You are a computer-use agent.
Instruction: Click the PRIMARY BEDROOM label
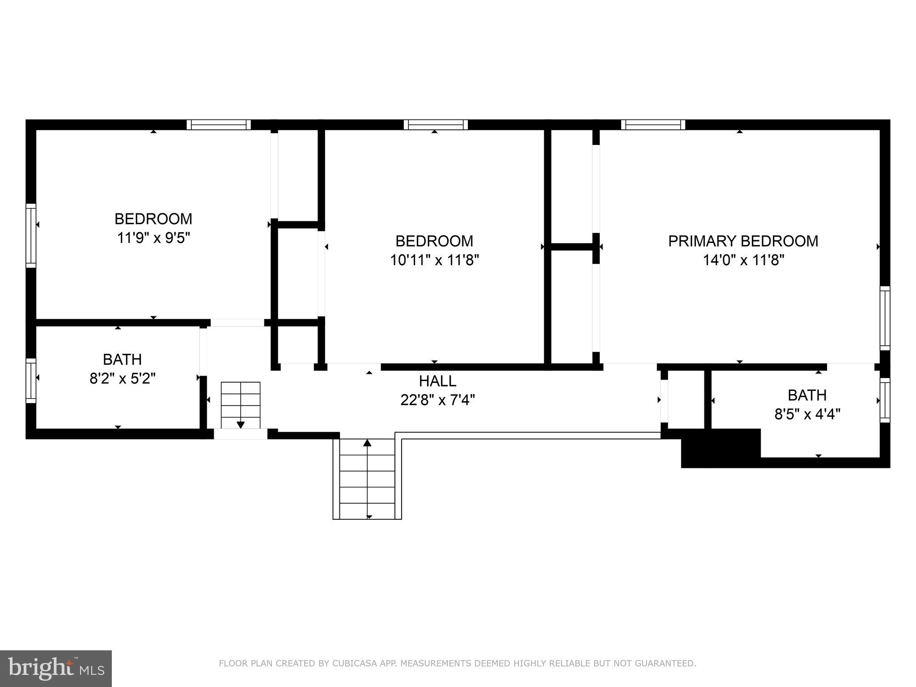click(x=743, y=241)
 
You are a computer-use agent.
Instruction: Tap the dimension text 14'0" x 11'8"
click(x=743, y=260)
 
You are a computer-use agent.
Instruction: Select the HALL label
click(x=437, y=381)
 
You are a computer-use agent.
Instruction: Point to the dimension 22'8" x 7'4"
click(x=437, y=400)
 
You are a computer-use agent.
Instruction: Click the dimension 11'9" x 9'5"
click(x=153, y=237)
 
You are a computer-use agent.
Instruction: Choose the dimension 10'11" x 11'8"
click(x=434, y=260)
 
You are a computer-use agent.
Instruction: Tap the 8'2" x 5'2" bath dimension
click(x=122, y=378)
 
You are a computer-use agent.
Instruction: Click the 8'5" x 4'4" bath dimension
click(x=807, y=414)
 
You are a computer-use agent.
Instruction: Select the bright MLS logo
click(x=56, y=669)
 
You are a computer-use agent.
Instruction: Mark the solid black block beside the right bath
click(x=720, y=448)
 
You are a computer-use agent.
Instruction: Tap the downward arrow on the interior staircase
click(x=241, y=424)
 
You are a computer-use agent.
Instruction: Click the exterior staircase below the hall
click(x=367, y=479)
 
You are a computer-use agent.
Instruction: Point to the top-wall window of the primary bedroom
click(x=653, y=124)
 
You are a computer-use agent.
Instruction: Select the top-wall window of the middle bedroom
click(x=436, y=124)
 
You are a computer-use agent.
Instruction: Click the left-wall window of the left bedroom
click(x=30, y=235)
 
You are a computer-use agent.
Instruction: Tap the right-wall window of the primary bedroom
click(x=885, y=318)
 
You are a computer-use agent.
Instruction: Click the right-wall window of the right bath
click(x=885, y=400)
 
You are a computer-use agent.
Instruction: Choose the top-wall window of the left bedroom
click(x=218, y=124)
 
